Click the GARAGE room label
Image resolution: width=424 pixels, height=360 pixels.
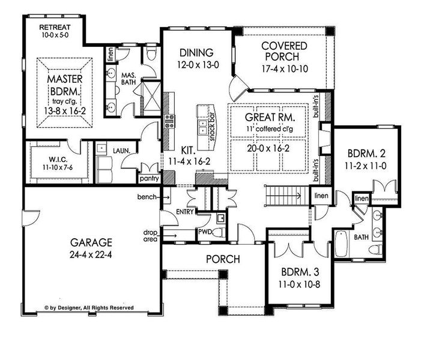coord(92,242)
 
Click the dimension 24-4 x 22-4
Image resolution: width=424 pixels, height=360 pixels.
coord(92,254)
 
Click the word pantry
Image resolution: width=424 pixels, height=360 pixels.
coord(147,178)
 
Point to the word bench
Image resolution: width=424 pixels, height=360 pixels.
coord(147,196)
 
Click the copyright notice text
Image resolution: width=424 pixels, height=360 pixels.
coord(89,307)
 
